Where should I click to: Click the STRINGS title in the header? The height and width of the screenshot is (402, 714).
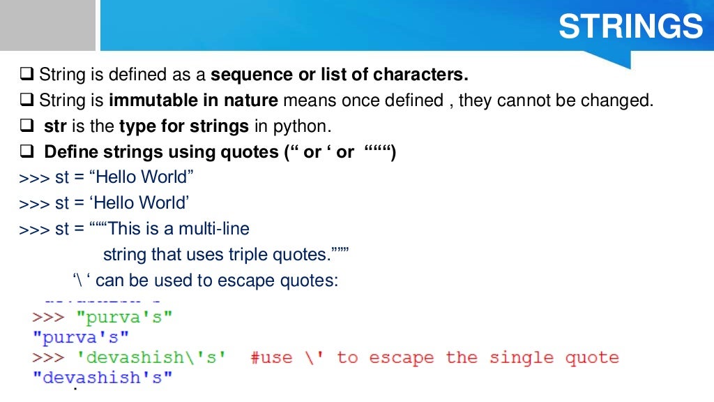click(x=630, y=27)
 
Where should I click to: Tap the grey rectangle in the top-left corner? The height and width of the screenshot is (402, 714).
click(x=47, y=24)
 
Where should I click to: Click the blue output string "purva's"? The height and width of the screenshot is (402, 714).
click(x=81, y=338)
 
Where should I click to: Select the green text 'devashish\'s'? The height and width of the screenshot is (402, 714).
click(x=151, y=358)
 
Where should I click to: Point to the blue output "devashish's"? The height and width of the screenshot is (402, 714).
click(x=102, y=378)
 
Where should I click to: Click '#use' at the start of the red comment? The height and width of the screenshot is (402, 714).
click(x=271, y=358)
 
